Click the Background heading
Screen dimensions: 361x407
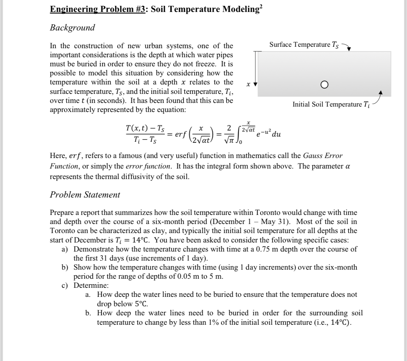coord(72,28)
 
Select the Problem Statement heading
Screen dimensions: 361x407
coord(85,195)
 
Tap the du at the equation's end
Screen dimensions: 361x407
coord(276,134)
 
